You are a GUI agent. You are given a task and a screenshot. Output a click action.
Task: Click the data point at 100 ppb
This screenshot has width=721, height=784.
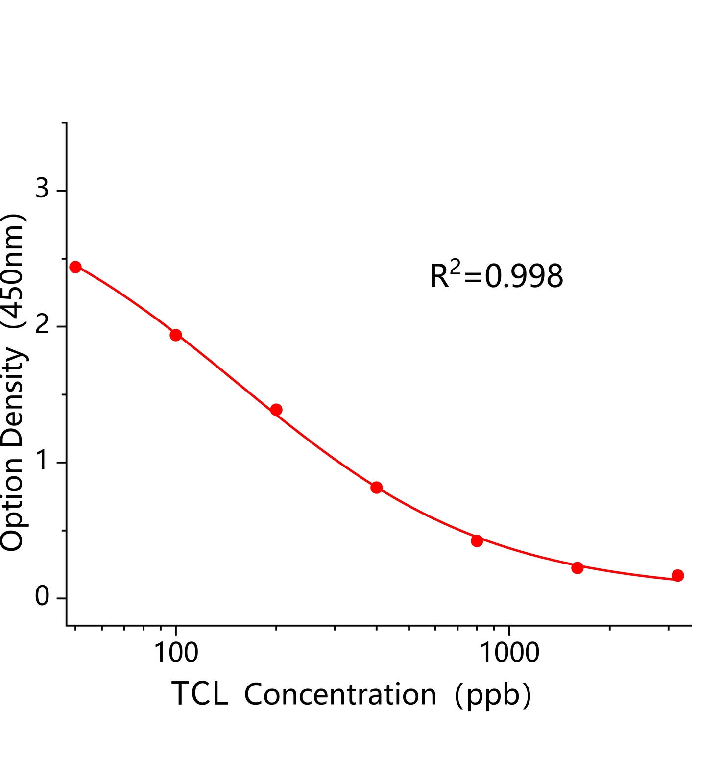[x=176, y=335]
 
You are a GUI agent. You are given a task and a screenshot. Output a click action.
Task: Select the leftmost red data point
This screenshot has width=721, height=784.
[x=75, y=267]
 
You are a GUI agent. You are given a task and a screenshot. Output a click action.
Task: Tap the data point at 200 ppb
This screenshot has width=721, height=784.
[x=276, y=410]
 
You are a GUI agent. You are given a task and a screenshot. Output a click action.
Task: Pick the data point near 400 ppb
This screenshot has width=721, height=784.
[x=377, y=488]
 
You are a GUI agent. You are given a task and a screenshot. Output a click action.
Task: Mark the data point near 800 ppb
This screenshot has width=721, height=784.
[x=477, y=541]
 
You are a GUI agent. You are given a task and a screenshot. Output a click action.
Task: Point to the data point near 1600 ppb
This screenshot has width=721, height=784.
[x=577, y=568]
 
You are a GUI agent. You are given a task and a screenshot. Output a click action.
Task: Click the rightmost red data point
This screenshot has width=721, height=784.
[x=678, y=576]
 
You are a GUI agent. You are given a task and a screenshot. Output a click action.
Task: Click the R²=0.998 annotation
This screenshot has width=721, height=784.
[x=496, y=276]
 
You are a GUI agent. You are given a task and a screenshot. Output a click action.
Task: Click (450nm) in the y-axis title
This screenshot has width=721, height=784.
[x=13, y=271]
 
